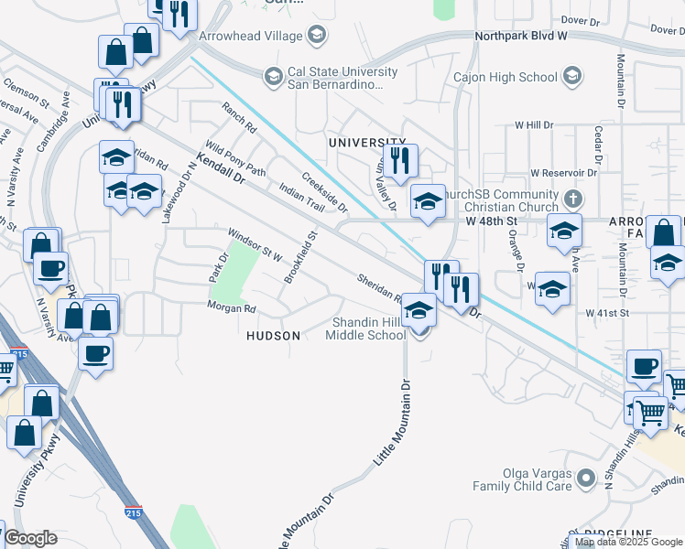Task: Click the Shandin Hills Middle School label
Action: (x=369, y=328)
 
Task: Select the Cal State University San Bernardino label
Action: (x=335, y=78)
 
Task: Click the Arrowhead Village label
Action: (x=250, y=36)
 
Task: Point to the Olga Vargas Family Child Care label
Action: (x=535, y=479)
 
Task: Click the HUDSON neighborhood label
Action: (x=273, y=336)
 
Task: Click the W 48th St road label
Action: (x=492, y=221)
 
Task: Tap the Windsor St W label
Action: (x=256, y=244)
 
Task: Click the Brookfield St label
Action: (x=300, y=257)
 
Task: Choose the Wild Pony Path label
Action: (x=235, y=157)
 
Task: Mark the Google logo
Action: (x=29, y=538)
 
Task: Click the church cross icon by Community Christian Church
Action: (x=572, y=198)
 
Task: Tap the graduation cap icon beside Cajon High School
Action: (x=573, y=76)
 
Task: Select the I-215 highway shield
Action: (x=134, y=513)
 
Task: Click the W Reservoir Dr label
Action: (x=565, y=173)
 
